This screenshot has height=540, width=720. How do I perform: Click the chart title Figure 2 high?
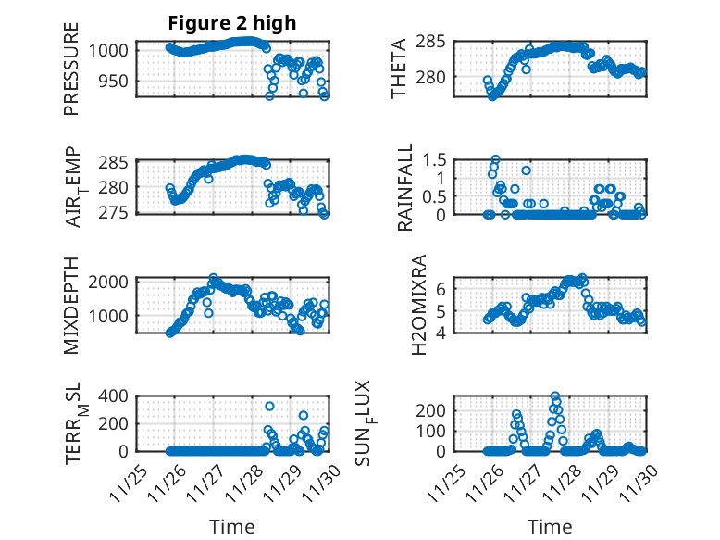232,23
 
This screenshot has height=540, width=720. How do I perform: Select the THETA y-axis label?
399,69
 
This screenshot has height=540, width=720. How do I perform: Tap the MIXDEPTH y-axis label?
72,304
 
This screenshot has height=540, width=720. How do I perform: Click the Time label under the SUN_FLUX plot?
550,526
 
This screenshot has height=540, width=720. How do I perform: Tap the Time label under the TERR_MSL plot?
231,526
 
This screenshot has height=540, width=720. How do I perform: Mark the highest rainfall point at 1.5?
495,159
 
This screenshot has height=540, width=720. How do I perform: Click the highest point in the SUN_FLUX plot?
555,396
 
